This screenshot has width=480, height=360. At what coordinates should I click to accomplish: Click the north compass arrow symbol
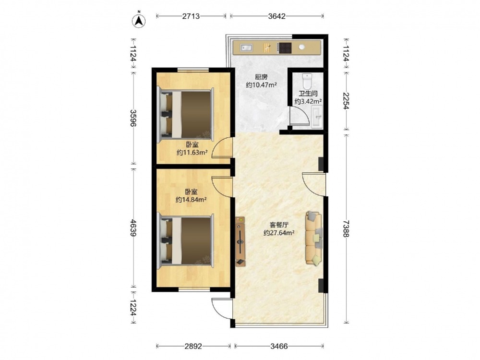tap(139, 21)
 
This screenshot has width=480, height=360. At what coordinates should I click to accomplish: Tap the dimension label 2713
tap(191, 16)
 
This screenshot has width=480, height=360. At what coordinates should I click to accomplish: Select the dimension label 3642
tap(277, 16)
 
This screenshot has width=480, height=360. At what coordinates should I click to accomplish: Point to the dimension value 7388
tap(346, 228)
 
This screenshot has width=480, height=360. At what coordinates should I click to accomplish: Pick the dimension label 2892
tap(193, 346)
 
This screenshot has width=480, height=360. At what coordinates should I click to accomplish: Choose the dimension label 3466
tap(279, 346)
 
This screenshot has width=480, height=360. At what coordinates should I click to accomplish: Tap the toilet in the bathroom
tap(307, 81)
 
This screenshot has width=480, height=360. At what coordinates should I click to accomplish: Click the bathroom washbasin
tap(317, 116)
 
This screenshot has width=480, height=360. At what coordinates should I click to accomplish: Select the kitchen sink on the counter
tap(246, 48)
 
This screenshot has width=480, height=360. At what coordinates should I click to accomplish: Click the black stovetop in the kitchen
tap(285, 48)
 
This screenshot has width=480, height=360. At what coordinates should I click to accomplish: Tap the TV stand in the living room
tap(240, 241)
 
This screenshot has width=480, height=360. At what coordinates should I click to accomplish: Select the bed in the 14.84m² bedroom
tap(186, 240)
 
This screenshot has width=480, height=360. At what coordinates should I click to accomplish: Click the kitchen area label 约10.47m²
tap(262, 85)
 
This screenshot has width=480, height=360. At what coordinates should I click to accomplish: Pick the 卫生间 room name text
tap(308, 94)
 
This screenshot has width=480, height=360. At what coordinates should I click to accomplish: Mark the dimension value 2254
tap(346, 101)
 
